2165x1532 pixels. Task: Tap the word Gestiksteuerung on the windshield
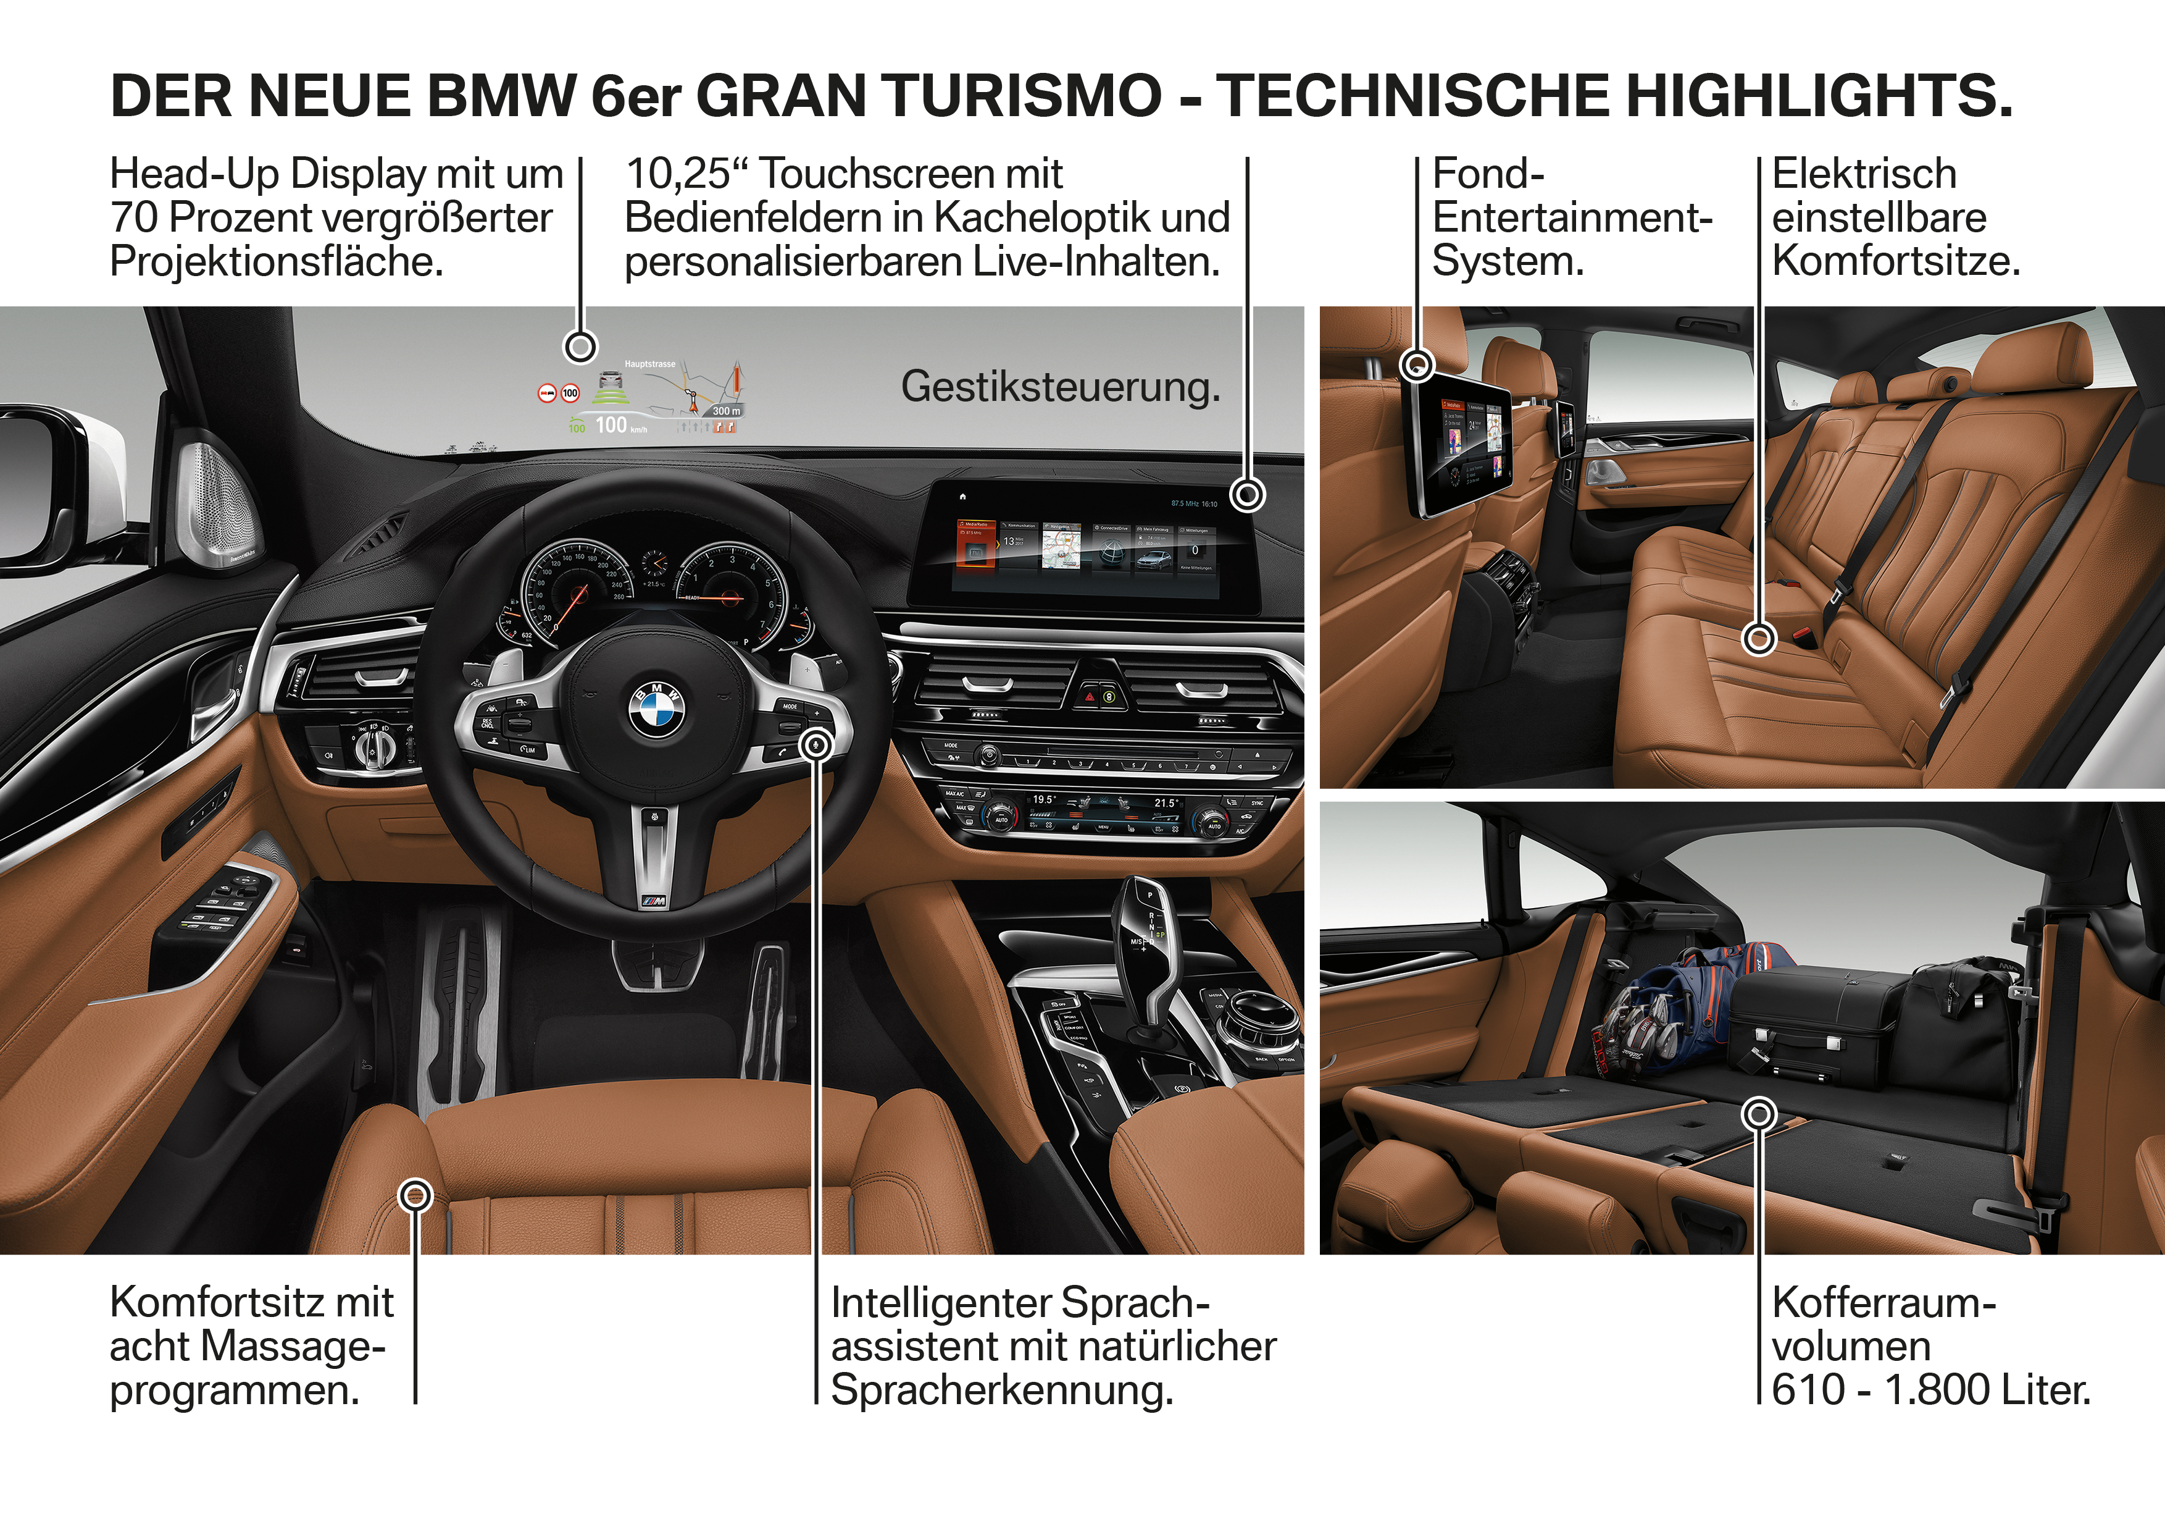point(1060,387)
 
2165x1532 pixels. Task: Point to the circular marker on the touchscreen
point(1248,494)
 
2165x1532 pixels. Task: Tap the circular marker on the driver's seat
point(415,1196)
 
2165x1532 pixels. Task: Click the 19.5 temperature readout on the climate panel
point(1043,800)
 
